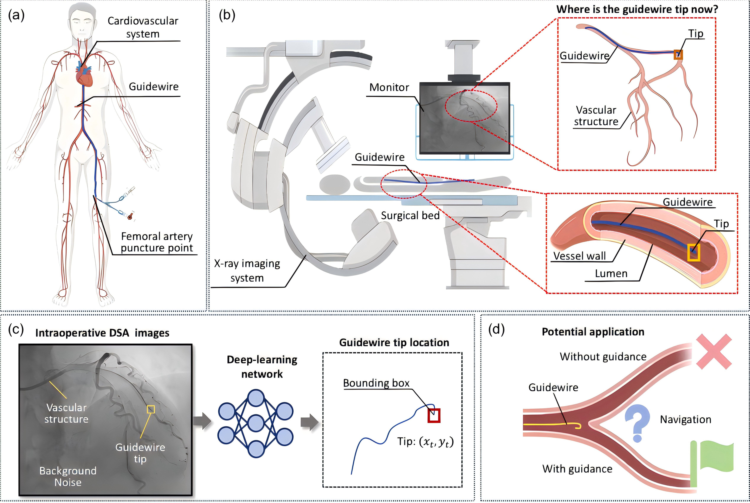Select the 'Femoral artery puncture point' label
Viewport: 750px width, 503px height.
[157, 242]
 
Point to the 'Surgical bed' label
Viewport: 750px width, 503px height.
[410, 216]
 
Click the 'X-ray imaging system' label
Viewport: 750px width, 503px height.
[247, 270]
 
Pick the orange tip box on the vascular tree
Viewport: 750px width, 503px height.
[678, 55]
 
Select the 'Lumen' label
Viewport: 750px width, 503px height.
[611, 274]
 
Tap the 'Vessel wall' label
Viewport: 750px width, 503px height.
[580, 256]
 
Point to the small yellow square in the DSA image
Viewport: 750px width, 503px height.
[151, 409]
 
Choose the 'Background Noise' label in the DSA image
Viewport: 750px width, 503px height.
[68, 476]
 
